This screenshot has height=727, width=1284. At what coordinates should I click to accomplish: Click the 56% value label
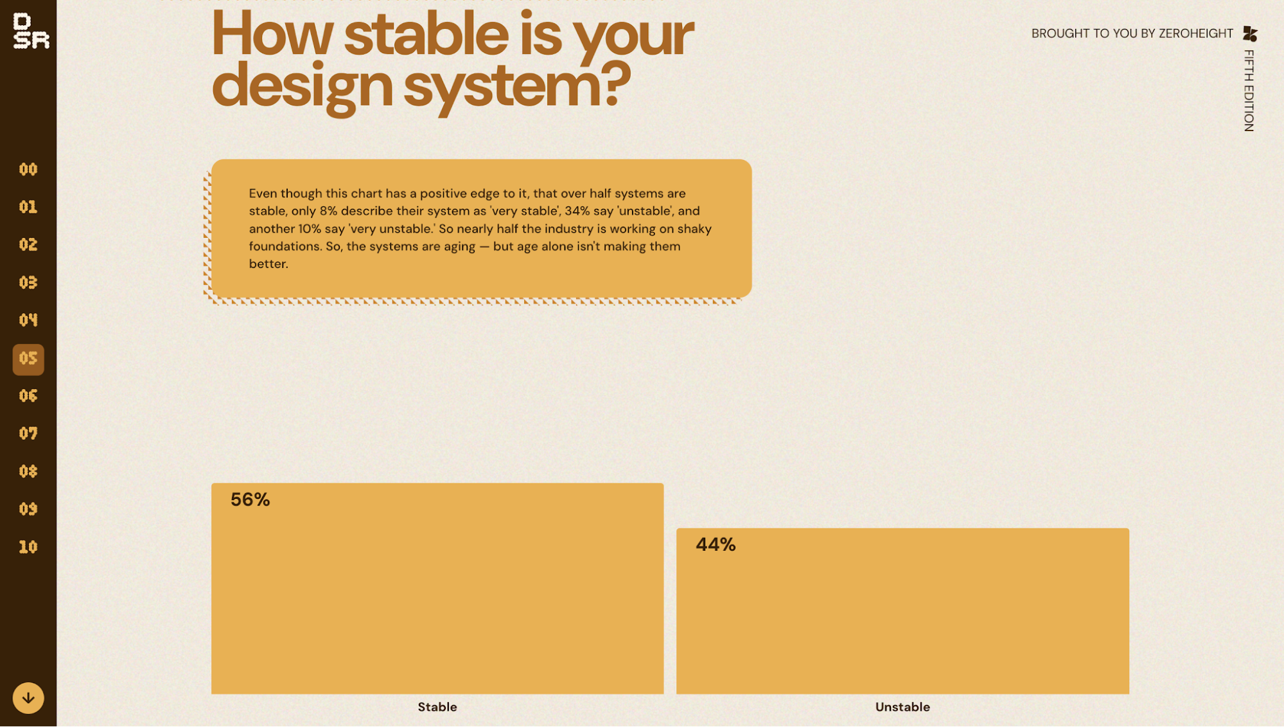pyautogui.click(x=250, y=499)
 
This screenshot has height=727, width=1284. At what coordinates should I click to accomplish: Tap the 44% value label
pyautogui.click(x=716, y=544)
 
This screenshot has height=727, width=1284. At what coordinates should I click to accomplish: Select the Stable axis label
pyautogui.click(x=437, y=707)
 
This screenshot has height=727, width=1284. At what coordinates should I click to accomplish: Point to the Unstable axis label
pyautogui.click(x=902, y=707)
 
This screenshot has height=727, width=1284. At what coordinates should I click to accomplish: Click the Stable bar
pyautogui.click(x=437, y=588)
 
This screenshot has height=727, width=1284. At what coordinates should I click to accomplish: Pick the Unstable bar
pyautogui.click(x=902, y=611)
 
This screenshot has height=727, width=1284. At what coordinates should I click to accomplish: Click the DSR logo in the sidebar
pyautogui.click(x=31, y=31)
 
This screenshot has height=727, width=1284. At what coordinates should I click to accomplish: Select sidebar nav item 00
pyautogui.click(x=28, y=169)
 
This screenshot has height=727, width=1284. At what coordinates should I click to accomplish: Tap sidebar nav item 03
pyautogui.click(x=28, y=282)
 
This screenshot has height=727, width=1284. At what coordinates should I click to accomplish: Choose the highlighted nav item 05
pyautogui.click(x=28, y=359)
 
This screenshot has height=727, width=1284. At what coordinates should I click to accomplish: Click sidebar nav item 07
pyautogui.click(x=28, y=433)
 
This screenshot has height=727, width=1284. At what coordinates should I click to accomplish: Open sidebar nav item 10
pyautogui.click(x=28, y=547)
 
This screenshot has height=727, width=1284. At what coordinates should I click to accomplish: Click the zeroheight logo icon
pyautogui.click(x=1250, y=33)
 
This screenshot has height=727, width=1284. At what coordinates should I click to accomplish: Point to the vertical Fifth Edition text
pyautogui.click(x=1249, y=91)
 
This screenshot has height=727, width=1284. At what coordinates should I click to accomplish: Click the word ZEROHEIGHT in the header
pyautogui.click(x=1196, y=33)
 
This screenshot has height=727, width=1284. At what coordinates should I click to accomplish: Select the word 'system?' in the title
pyautogui.click(x=517, y=87)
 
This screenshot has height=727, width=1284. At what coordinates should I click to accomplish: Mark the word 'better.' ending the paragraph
pyautogui.click(x=268, y=264)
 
